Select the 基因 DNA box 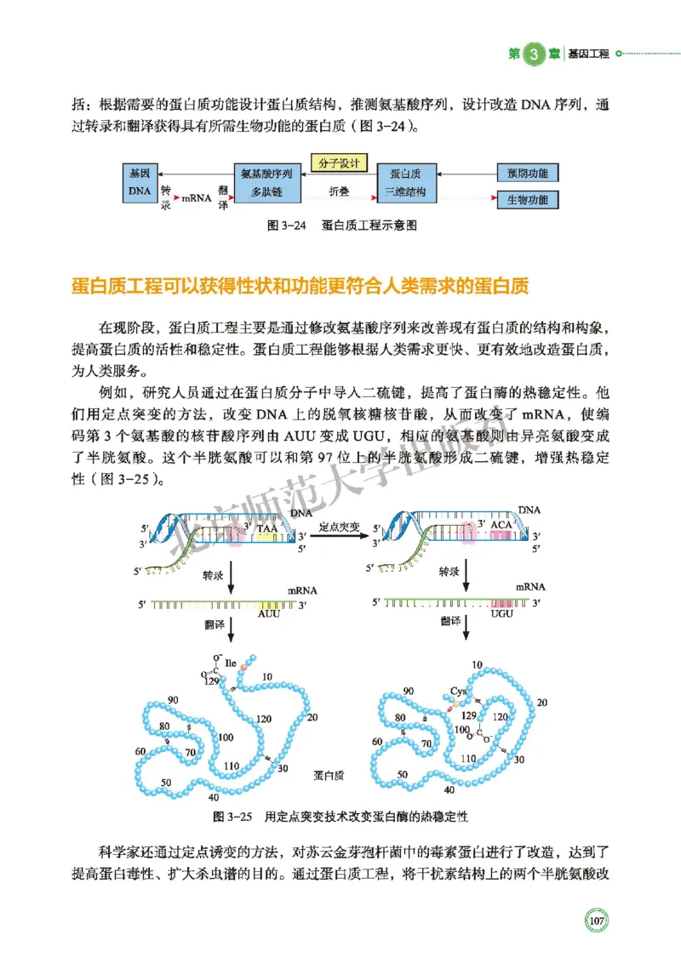[140, 182]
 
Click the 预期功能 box [527, 174]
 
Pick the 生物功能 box [527, 201]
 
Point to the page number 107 [596, 920]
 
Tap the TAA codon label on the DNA [267, 528]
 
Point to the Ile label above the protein [230, 662]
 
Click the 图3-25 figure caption [340, 817]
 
